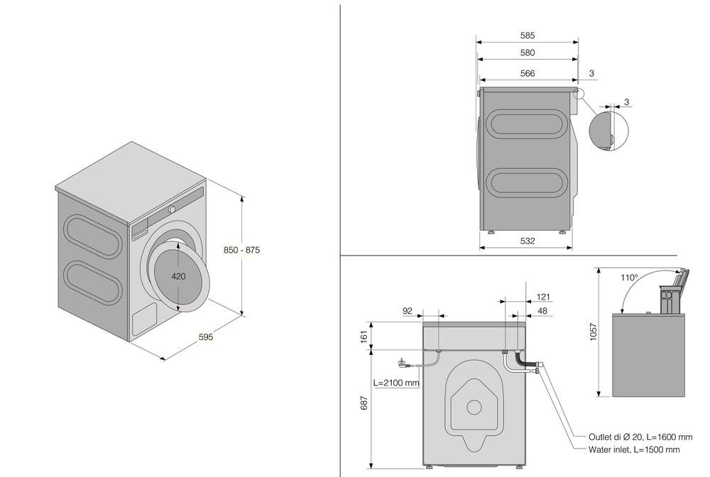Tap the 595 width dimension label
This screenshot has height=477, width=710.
(206, 336)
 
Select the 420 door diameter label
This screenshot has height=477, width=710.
(178, 276)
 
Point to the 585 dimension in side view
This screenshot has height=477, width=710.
(527, 35)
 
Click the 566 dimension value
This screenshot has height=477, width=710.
(527, 73)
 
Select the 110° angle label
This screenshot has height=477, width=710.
(629, 278)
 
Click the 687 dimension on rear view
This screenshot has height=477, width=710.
(364, 402)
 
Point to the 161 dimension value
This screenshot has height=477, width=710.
(364, 336)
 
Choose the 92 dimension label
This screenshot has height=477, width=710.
(408, 310)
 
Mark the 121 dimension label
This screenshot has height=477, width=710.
(543, 297)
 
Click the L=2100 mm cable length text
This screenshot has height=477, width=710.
(396, 383)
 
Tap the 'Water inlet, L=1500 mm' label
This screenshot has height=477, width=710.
(634, 449)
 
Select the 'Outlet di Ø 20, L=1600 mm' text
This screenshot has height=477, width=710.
(640, 437)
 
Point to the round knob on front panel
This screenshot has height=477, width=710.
(173, 209)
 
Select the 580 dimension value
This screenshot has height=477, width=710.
(527, 53)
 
